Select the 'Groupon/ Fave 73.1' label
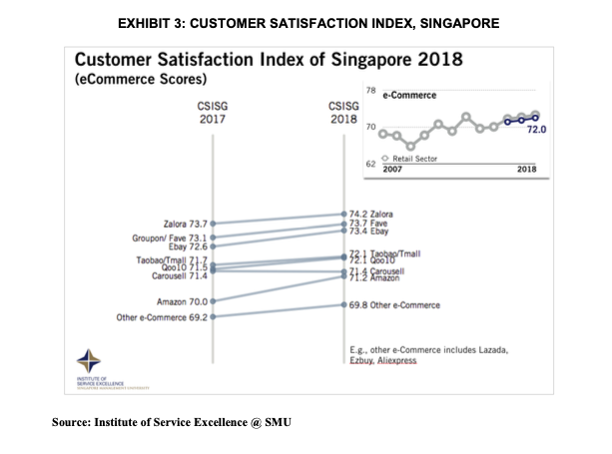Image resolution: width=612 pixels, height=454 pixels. pyautogui.click(x=169, y=237)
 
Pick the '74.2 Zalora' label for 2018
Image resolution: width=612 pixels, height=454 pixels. pyautogui.click(x=369, y=214)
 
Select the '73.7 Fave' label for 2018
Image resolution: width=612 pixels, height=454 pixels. pyautogui.click(x=366, y=224)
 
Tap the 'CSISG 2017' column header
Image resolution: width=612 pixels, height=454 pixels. pyautogui.click(x=213, y=111)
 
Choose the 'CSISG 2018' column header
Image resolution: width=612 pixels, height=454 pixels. pyautogui.click(x=343, y=111)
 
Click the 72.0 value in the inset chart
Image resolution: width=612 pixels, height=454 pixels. pyautogui.click(x=537, y=130)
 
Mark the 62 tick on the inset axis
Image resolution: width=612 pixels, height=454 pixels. pyautogui.click(x=370, y=163)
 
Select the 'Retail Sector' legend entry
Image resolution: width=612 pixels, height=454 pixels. pyautogui.click(x=414, y=159)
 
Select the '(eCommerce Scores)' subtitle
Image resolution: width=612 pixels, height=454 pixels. pyautogui.click(x=142, y=78)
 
